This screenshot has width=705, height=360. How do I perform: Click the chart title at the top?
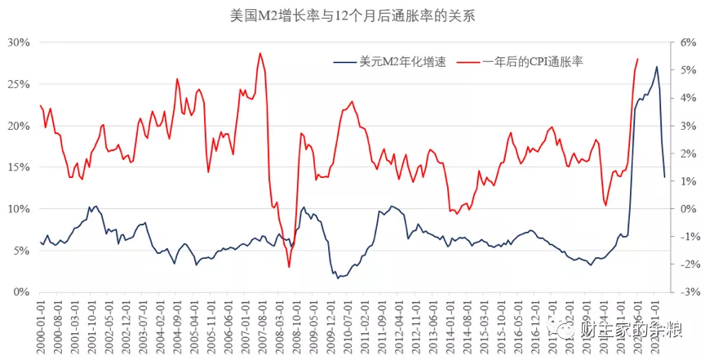[x=352, y=15]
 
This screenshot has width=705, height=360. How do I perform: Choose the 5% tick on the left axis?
[x=20, y=250]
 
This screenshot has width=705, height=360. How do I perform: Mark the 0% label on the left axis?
[x=20, y=291]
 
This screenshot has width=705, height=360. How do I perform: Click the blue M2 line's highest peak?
[x=657, y=67]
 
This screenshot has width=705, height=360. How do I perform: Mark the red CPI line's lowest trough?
[x=289, y=267]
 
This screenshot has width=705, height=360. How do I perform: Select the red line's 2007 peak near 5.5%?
[x=260, y=54]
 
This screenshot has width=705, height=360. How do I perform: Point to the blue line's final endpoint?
[x=664, y=177]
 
